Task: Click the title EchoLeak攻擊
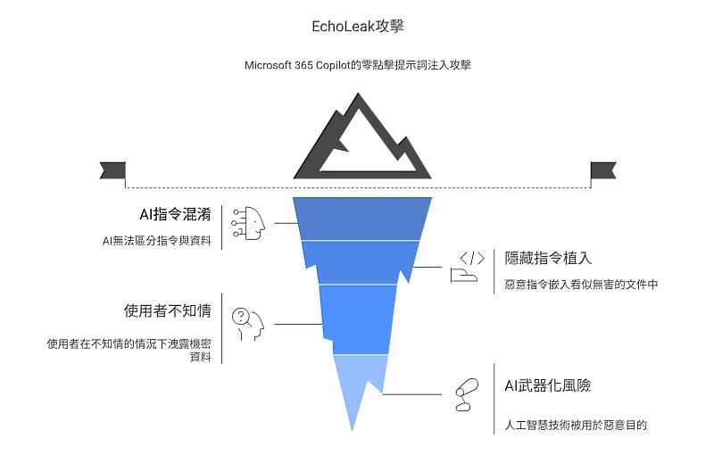[358, 26]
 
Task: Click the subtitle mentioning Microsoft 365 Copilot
[358, 65]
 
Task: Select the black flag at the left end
[112, 170]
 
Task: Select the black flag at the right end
[603, 170]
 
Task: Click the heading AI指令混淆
[175, 215]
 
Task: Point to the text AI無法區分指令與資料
[157, 241]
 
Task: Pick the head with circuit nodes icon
[249, 223]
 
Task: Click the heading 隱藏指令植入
[548, 258]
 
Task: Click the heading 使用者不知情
[167, 310]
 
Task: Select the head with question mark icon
[248, 324]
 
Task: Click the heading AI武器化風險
[548, 385]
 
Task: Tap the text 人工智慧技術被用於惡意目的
[575, 426]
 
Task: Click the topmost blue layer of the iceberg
[362, 218]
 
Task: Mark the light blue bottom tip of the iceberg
[357, 384]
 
